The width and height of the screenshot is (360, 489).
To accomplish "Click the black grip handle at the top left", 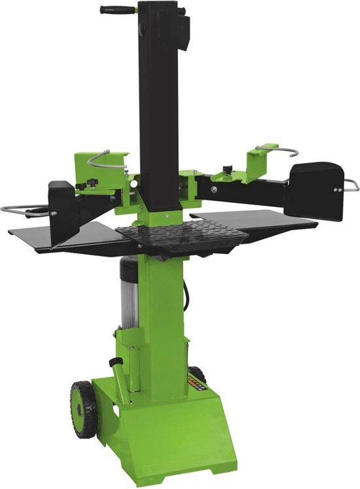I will (113, 10).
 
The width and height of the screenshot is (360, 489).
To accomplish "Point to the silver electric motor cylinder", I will (129, 295).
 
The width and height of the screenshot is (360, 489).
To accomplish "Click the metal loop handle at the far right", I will (352, 186).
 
